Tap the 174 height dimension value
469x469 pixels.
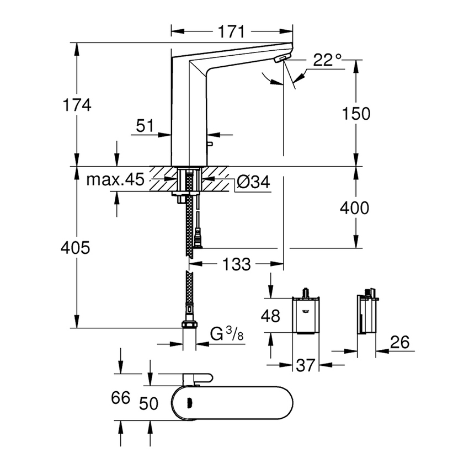tap(77, 105)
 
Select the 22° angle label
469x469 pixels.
tap(327, 60)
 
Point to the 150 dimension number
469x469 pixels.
tap(355, 113)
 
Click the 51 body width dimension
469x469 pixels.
tap(144, 126)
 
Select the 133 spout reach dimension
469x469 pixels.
tap(238, 264)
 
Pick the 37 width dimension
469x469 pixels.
tap(306, 365)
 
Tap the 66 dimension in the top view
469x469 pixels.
tap(120, 398)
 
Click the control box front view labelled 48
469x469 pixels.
tap(306, 316)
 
